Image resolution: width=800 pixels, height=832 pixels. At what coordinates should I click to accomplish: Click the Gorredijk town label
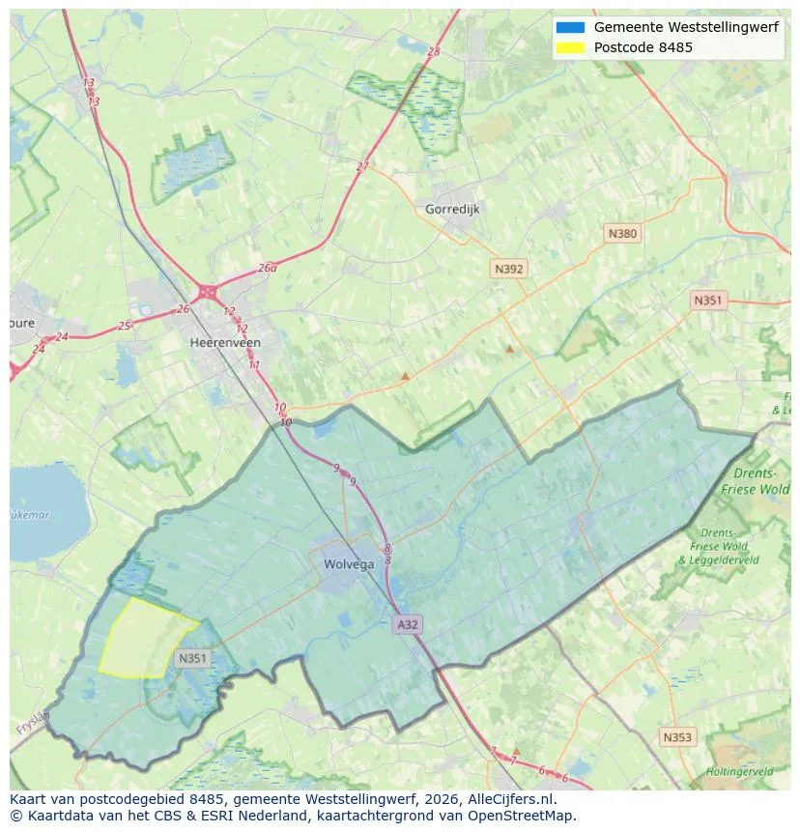click(452, 209)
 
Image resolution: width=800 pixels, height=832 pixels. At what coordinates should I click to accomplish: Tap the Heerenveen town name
click(225, 342)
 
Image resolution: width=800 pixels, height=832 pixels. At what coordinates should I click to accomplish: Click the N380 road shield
click(622, 233)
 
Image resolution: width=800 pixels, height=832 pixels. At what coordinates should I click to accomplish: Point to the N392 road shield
click(508, 270)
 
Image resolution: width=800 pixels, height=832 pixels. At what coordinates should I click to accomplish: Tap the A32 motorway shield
click(408, 624)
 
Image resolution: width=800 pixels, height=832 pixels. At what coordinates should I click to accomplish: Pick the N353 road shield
click(677, 737)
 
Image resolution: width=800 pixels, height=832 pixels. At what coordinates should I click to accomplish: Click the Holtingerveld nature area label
click(739, 771)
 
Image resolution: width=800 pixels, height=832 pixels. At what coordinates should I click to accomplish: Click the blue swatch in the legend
click(570, 27)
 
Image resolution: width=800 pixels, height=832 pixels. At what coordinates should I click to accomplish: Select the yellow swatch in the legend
click(570, 47)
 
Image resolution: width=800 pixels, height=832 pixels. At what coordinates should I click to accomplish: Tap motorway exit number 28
click(433, 51)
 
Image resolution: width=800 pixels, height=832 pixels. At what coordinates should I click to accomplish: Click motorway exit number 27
click(362, 166)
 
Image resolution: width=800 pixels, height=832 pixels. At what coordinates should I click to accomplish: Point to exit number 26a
click(268, 268)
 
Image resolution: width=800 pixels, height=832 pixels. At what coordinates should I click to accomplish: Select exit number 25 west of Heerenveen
click(124, 326)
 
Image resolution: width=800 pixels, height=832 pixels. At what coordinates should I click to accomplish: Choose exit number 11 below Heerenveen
click(254, 364)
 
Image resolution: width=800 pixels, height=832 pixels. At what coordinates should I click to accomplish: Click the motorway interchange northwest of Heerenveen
click(208, 291)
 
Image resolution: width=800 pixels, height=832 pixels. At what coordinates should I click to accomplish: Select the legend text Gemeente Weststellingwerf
click(685, 27)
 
